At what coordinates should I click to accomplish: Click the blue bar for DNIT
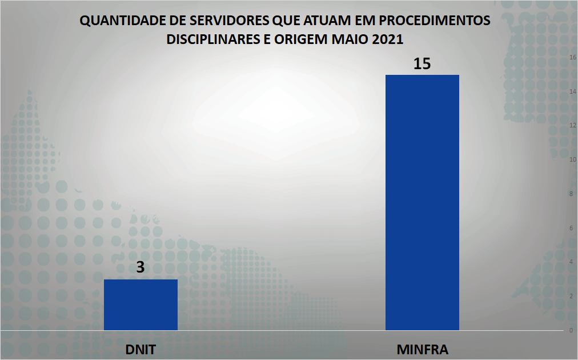[x=141, y=305]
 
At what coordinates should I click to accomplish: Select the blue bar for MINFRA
[x=422, y=203]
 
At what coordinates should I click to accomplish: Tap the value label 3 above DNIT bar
[x=140, y=267]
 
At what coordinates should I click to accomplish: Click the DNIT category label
[x=141, y=349]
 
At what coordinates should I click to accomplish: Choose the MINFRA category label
[x=422, y=349]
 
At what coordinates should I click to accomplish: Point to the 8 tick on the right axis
[x=571, y=194]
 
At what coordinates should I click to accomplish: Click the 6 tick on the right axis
[x=571, y=228]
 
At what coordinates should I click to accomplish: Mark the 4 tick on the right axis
[x=571, y=262]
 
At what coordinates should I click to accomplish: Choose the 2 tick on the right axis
[x=571, y=296]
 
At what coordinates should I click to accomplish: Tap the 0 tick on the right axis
[x=571, y=330]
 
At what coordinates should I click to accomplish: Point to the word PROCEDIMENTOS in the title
[x=435, y=21]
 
